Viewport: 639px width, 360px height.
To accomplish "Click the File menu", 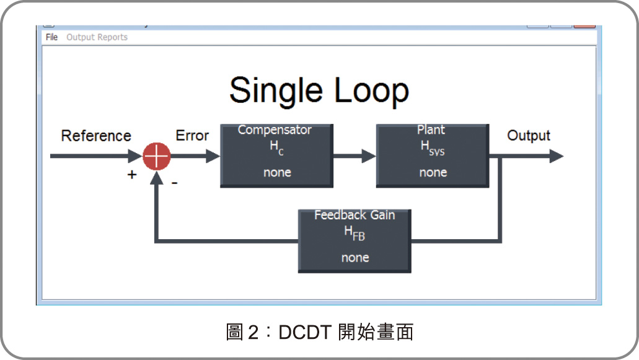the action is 51,37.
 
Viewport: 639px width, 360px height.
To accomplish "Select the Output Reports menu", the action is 97,37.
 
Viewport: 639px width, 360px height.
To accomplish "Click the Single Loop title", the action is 319,91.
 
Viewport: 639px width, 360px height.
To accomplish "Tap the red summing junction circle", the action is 156,156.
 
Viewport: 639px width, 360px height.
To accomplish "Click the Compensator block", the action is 276,156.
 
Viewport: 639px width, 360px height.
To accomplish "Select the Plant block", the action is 433,156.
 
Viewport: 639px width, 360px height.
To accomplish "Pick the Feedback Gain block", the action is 355,241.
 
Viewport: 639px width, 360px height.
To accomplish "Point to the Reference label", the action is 96,136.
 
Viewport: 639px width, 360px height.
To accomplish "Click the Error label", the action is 192,135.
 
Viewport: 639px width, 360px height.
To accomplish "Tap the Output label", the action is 529,136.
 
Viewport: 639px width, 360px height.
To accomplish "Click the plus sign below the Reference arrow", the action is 131,175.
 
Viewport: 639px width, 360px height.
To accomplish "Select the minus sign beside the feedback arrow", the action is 174,183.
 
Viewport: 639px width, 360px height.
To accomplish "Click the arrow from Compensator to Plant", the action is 355,156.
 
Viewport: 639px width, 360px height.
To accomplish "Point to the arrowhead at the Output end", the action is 557,156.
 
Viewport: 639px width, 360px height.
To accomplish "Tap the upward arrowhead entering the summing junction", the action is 156,178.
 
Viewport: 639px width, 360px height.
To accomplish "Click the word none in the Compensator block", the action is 277,172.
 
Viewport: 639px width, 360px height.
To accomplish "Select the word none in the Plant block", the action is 433,172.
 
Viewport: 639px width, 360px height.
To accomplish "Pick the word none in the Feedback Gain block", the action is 355,257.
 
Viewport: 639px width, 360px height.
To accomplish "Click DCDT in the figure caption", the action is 304,332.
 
